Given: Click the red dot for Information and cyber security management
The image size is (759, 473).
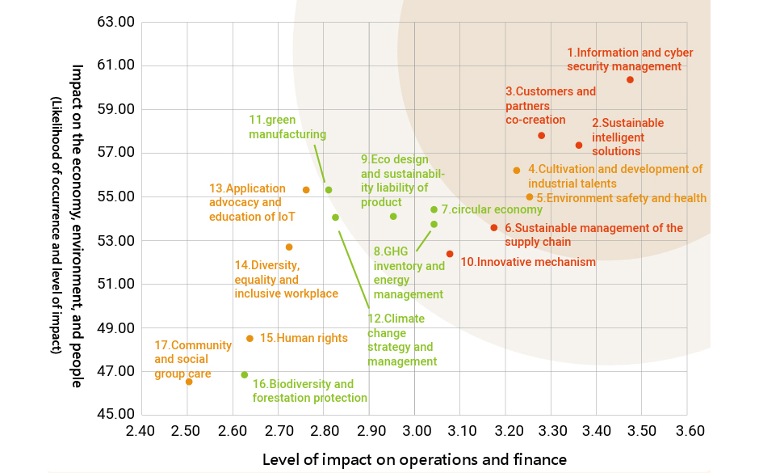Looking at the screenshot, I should [x=630, y=79].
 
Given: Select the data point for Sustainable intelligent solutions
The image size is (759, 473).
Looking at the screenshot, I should [x=579, y=146].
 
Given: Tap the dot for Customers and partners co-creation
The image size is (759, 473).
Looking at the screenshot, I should [x=542, y=135].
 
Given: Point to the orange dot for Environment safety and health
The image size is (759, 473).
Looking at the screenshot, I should [x=530, y=197].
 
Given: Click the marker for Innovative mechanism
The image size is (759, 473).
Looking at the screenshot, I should [x=450, y=254].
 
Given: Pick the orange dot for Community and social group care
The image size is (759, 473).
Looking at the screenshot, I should [x=189, y=382].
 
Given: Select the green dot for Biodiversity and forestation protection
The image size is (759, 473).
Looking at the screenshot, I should [x=245, y=375].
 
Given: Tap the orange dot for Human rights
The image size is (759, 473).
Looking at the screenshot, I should [x=250, y=338].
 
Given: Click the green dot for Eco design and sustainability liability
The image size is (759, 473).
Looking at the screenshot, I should [x=393, y=217].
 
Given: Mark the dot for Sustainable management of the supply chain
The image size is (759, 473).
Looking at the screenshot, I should [x=494, y=228].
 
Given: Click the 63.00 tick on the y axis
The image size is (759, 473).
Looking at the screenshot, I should [x=114, y=22].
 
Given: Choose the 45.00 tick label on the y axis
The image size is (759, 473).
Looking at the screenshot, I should [x=114, y=416].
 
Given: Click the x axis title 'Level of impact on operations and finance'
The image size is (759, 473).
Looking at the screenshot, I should [x=414, y=459].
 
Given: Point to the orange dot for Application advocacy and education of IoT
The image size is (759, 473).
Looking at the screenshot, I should [x=306, y=190].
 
